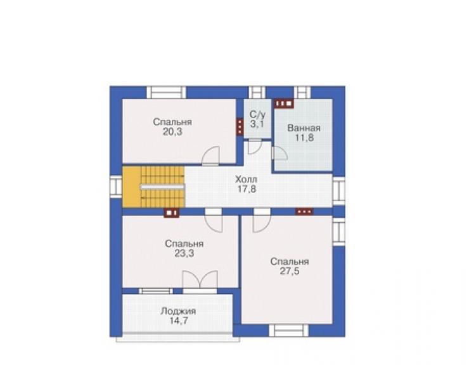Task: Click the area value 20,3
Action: [x=172, y=131]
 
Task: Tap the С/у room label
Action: [x=257, y=114]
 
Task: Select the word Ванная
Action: [x=304, y=128]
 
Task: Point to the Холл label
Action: [x=246, y=180]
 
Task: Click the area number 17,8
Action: [x=247, y=189]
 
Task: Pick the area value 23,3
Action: [x=184, y=253]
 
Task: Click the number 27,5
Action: [x=290, y=271]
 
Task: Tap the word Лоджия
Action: [x=178, y=311]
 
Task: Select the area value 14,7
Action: [x=179, y=321]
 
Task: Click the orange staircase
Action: [x=153, y=187]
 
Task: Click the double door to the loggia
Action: [x=200, y=280]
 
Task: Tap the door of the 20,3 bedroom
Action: [x=210, y=156]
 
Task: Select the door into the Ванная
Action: [x=279, y=153]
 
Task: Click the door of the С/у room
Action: [x=255, y=147]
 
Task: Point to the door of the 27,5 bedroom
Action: [x=262, y=223]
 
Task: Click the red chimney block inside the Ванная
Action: [x=284, y=103]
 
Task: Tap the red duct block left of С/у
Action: [x=240, y=127]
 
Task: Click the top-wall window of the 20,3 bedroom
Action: [x=166, y=92]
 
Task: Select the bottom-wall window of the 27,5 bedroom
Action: [x=288, y=331]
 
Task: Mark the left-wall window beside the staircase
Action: [x=116, y=187]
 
